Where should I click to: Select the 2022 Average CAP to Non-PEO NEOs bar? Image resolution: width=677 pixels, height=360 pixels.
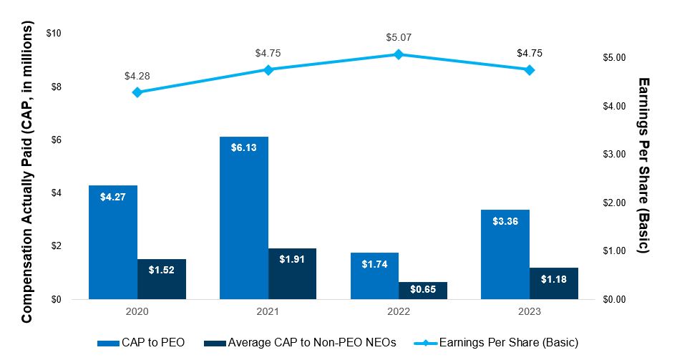click(423, 291)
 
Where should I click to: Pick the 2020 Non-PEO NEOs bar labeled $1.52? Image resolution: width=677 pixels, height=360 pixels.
click(162, 279)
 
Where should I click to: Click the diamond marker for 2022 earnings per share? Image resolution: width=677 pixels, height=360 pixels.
click(399, 54)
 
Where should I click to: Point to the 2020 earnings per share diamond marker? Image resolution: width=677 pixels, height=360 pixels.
click(137, 92)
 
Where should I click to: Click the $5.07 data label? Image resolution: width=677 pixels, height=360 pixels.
click(399, 37)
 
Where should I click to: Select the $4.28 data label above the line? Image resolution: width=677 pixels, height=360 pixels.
click(137, 75)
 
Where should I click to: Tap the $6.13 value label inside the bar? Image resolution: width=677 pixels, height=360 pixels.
click(244, 147)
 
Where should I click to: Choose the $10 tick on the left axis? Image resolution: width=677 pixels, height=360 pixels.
click(54, 34)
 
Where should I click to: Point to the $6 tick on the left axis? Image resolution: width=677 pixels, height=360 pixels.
click(56, 140)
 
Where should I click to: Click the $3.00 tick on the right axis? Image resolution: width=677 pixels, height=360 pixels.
click(616, 155)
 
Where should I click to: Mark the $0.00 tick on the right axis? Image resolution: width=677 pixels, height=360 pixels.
click(616, 300)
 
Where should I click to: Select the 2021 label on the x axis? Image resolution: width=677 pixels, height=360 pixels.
click(268, 312)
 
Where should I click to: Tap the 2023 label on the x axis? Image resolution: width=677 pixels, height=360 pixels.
click(530, 312)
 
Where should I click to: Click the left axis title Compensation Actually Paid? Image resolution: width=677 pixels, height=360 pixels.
click(27, 172)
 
